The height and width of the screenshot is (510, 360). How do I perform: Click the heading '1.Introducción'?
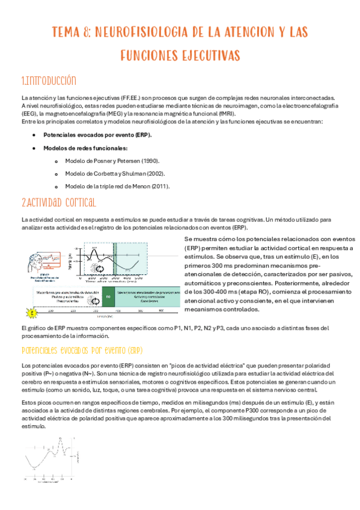49,81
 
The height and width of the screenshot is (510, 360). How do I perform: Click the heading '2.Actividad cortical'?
59,202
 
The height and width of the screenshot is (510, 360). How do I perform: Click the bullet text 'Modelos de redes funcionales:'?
85,147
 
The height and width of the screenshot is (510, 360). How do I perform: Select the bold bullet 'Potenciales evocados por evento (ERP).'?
98,135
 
